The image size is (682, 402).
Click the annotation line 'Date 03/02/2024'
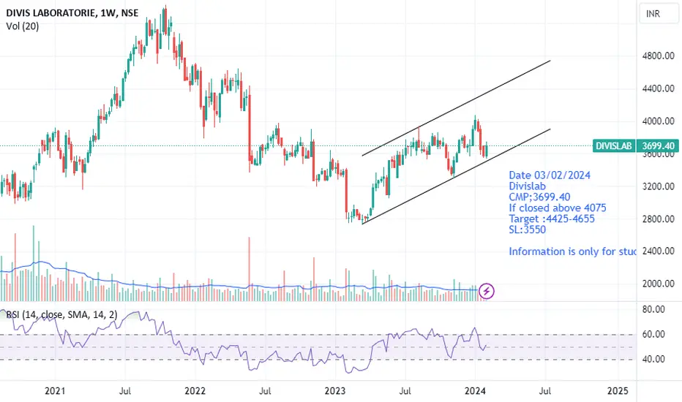click(550, 175)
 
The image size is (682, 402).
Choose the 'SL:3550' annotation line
click(527, 230)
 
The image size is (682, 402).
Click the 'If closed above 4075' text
click(558, 208)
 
